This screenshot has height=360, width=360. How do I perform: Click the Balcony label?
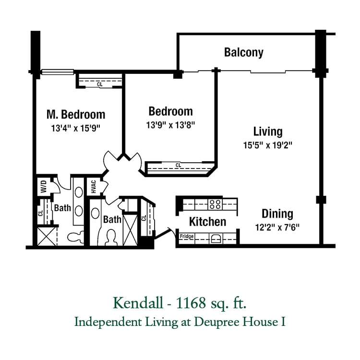pyautogui.click(x=244, y=52)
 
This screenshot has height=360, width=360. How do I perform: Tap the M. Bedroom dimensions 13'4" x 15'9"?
pyautogui.click(x=76, y=128)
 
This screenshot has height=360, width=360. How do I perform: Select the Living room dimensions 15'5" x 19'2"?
pyautogui.click(x=268, y=145)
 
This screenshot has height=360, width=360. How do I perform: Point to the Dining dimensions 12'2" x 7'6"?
pyautogui.click(x=277, y=228)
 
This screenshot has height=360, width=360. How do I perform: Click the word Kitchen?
pyautogui.click(x=207, y=222)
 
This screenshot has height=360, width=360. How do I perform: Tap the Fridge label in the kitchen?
pyautogui.click(x=187, y=236)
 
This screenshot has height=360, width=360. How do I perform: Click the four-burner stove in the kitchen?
pyautogui.click(x=215, y=204)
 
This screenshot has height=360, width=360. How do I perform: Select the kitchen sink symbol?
pyautogui.click(x=216, y=239)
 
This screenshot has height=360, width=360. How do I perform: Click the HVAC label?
pyautogui.click(x=94, y=187)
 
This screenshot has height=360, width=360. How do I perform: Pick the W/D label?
pyautogui.click(x=44, y=186)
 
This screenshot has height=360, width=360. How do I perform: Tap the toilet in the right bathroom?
pyautogui.click(x=111, y=238)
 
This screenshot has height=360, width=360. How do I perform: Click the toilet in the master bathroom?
pyautogui.click(x=76, y=237)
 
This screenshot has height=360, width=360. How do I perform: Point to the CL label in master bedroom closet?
pyautogui.click(x=100, y=84)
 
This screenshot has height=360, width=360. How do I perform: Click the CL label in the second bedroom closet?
pyautogui.click(x=178, y=165)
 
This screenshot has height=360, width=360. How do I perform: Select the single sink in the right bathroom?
pyautogui.click(x=96, y=214)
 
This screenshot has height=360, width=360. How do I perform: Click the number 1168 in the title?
pyautogui.click(x=191, y=303)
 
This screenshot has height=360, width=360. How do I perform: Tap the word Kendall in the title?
pyautogui.click(x=138, y=303)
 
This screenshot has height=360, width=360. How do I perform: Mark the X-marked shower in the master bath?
pyautogui.click(x=47, y=236)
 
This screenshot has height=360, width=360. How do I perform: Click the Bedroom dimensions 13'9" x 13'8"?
pyautogui.click(x=170, y=125)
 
